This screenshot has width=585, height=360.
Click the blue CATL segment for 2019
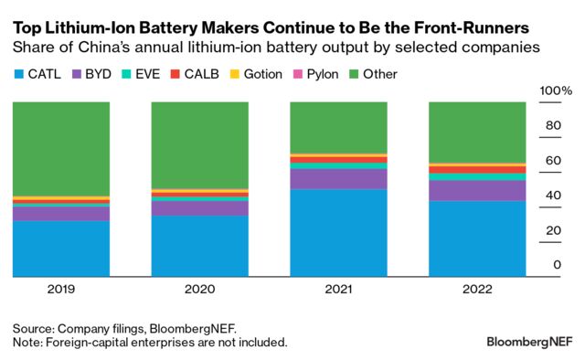point(61,248)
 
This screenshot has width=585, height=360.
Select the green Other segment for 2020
point(199,144)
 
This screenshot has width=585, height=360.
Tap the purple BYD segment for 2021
point(338,179)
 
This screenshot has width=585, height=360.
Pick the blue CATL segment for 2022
point(477,238)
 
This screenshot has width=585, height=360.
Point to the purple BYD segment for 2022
point(477,190)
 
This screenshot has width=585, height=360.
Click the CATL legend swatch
point(19,73)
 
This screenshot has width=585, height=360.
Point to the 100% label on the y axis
point(555,91)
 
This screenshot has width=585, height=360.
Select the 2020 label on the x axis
point(199,289)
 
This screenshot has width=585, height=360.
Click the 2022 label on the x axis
point(477,289)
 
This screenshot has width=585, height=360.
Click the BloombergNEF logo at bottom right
point(527,342)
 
